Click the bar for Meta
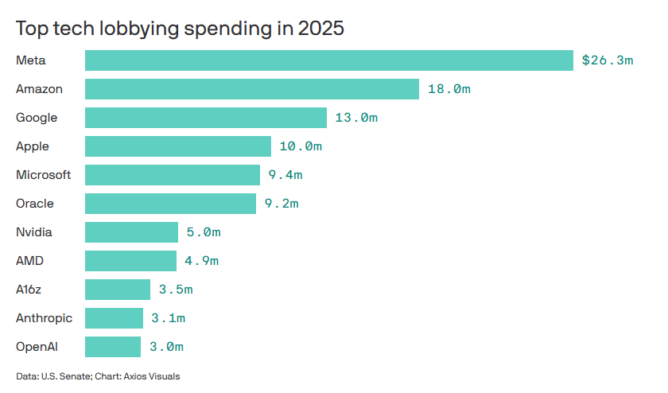[329, 60]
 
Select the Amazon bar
[252, 89]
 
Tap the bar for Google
[206, 118]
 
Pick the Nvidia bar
[132, 232]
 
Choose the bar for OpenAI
[113, 347]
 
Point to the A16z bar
[118, 290]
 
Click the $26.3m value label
[608, 60]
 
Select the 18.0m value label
[449, 89]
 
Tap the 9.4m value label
[285, 175]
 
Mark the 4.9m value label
[201, 261]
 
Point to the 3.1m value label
[169, 318]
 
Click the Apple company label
[33, 146]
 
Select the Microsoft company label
[44, 175]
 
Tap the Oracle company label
[35, 204]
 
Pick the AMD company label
[30, 261]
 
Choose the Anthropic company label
[45, 318]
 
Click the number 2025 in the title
[320, 29]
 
